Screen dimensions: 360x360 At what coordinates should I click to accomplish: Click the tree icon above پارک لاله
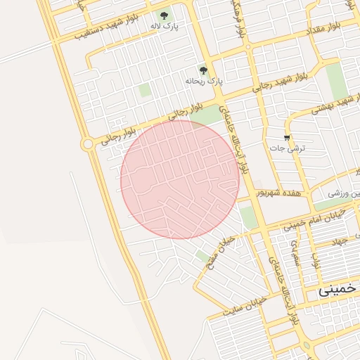165,15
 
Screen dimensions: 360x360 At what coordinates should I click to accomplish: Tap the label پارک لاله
164,27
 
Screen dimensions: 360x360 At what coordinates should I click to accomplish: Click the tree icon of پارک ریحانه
204,70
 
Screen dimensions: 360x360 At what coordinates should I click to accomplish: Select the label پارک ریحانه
203,82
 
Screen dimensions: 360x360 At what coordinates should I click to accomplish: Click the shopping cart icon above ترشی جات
287,137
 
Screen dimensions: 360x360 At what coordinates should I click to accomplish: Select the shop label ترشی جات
287,149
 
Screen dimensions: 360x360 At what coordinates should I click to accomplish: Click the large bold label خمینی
338,289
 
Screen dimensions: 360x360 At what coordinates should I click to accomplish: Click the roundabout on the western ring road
87,143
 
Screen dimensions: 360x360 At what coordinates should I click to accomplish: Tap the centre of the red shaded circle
180,179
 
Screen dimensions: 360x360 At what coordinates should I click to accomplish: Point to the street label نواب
317,264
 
